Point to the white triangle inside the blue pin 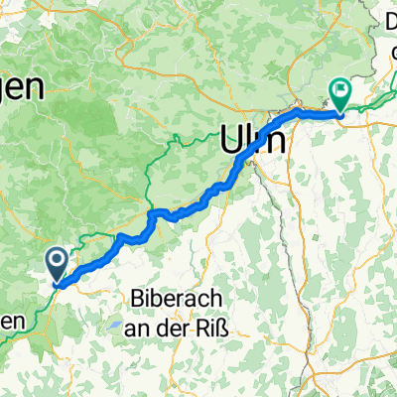coord(56,263)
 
